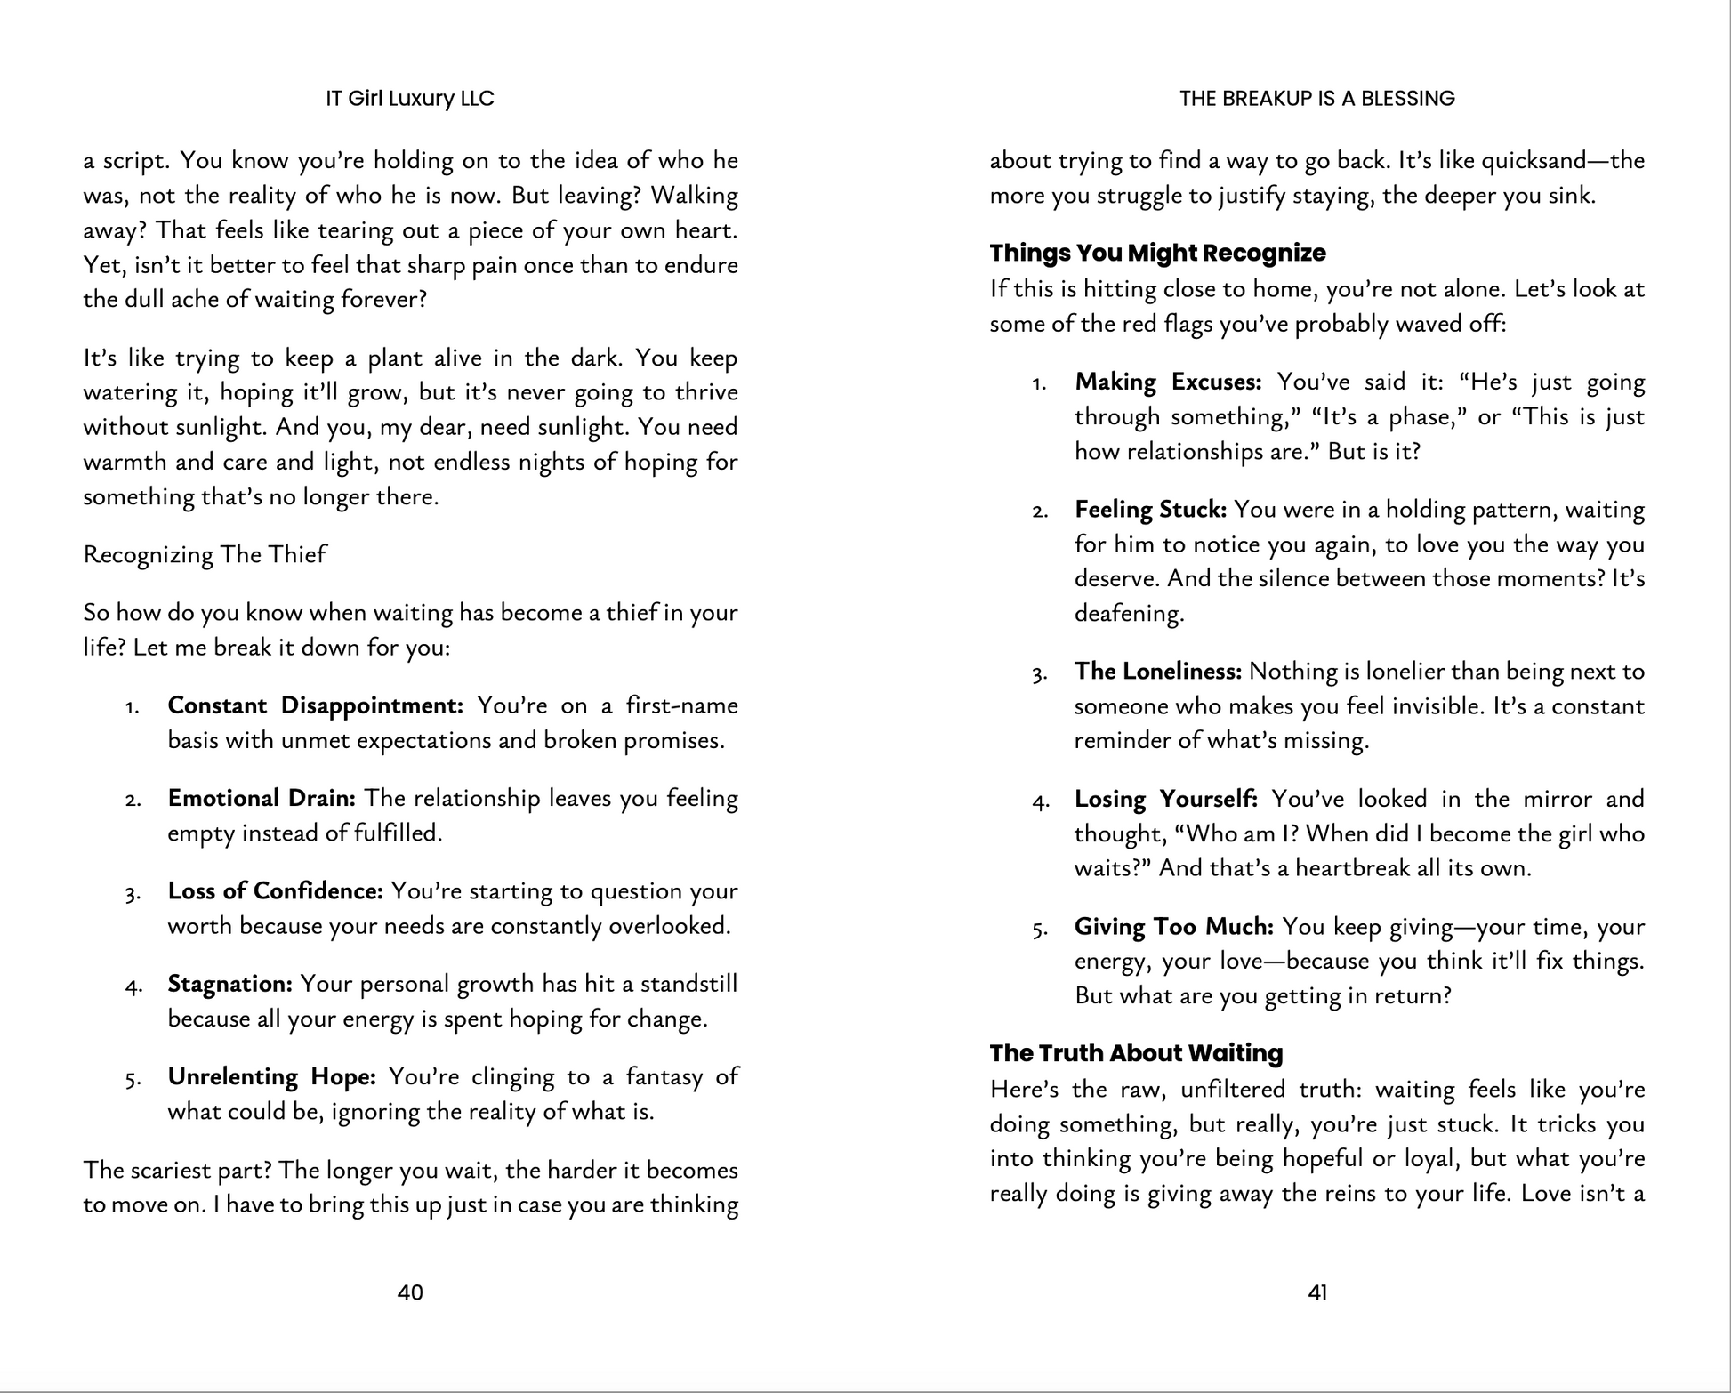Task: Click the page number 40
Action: [410, 1292]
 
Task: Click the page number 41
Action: [1317, 1292]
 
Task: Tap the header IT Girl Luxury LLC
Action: [410, 99]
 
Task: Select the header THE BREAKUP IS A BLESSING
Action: [1317, 99]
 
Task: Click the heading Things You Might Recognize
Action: [1157, 253]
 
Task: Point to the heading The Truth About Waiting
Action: [1136, 1053]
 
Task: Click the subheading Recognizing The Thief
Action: [205, 554]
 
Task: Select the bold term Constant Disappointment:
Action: [316, 705]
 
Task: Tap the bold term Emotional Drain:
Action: [262, 798]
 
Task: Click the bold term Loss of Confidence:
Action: [276, 890]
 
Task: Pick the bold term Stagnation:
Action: [230, 984]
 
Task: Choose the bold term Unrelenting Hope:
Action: [272, 1076]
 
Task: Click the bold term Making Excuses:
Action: [1168, 382]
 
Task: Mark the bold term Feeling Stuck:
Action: [1150, 510]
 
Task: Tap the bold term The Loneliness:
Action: [1157, 672]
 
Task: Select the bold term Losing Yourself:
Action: [1165, 799]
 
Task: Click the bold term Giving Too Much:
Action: [1174, 927]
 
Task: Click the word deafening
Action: [1128, 614]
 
